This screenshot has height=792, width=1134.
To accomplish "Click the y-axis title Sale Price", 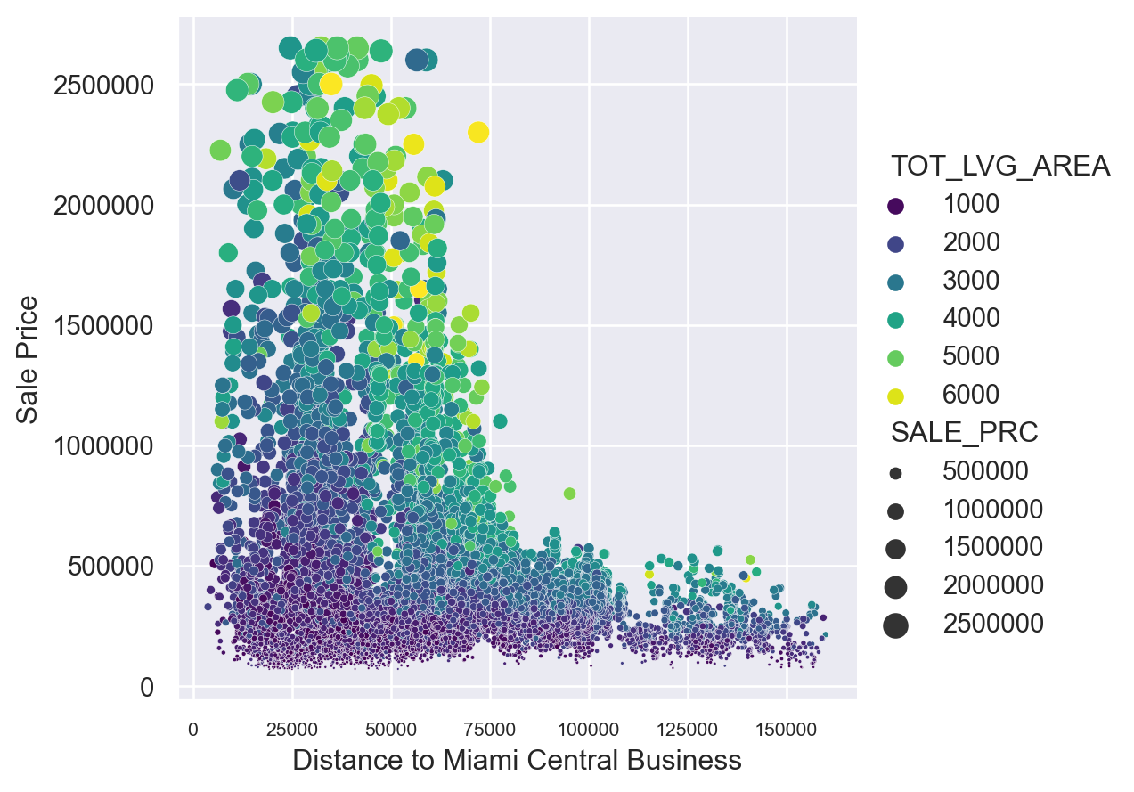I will tap(29, 359).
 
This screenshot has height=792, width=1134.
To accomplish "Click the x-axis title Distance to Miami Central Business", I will tap(517, 760).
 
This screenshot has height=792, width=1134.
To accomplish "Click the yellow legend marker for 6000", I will tap(896, 395).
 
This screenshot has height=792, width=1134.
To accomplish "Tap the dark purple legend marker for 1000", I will tap(896, 205).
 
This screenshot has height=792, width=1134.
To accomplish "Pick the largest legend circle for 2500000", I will tap(896, 625).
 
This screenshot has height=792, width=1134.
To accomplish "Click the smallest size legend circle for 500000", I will tap(896, 472).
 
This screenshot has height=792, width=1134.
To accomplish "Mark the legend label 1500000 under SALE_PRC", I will tap(992, 548).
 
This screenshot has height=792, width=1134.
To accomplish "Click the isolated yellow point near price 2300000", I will tap(478, 132).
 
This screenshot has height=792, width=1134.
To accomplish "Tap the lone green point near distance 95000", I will tap(569, 494).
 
